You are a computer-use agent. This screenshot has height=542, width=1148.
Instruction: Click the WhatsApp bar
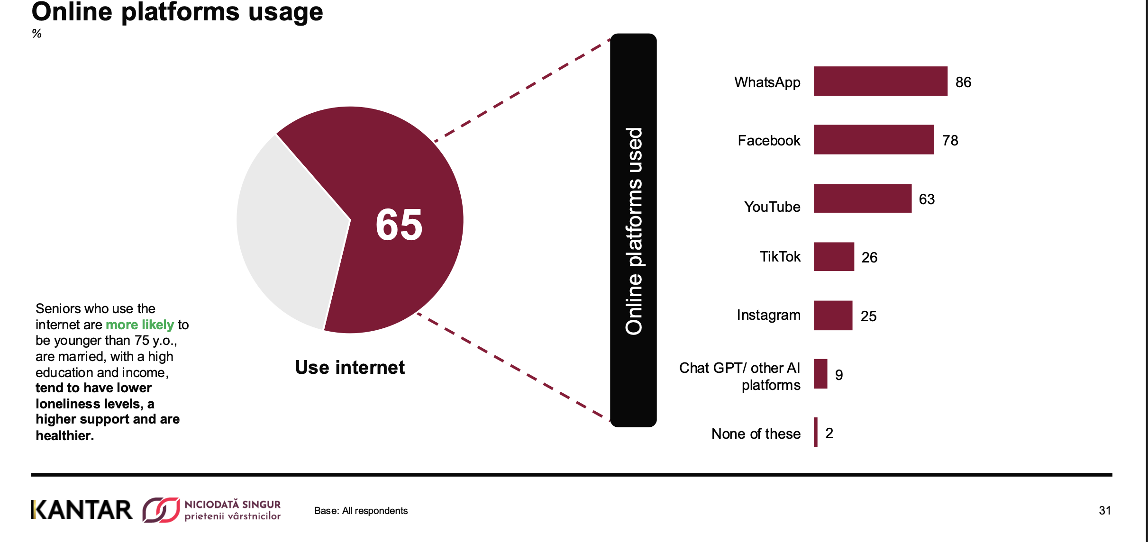pos(880,81)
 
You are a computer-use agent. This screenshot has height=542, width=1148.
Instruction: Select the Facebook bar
pos(874,139)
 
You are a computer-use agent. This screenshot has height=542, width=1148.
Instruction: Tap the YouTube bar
pos(863,198)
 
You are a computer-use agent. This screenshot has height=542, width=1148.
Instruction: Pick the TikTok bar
pos(834,256)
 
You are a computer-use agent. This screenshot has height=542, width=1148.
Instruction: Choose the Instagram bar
pos(833,315)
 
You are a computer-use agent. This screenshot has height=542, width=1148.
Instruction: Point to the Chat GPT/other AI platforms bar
pos(820,374)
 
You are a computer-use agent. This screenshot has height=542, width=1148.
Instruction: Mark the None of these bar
pos(816,432)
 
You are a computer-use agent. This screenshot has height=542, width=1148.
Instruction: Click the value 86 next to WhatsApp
pos(963,82)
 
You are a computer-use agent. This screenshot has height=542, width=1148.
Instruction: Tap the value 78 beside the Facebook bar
pos(950,140)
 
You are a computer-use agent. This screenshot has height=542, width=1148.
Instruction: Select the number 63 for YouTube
pos(927,199)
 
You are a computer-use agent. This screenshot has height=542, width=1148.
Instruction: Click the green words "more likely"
pos(140,325)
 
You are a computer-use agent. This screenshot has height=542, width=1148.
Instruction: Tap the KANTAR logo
pos(82,510)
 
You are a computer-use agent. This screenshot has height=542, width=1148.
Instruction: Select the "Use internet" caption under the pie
pos(350,367)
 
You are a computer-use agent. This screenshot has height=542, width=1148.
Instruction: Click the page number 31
pos(1105,510)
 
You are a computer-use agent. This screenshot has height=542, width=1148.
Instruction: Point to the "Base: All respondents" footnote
pos(361,511)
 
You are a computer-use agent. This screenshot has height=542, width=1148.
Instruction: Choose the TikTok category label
pos(780,256)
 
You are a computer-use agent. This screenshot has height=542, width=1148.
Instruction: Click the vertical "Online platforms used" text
pos(634,231)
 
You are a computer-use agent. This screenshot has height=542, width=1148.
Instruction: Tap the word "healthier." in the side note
pos(65,435)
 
